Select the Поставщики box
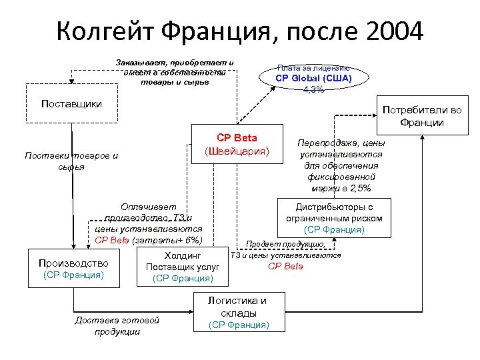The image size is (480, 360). pos(71,103)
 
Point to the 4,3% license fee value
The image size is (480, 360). pos(313,90)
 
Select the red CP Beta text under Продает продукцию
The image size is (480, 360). pos(285,266)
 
